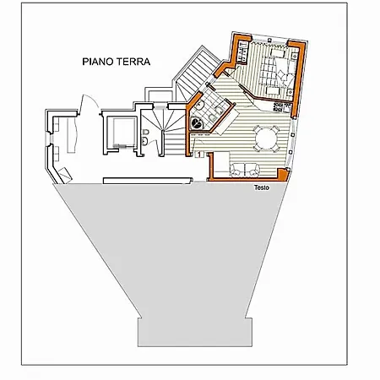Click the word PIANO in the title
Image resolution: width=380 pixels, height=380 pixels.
(x=97, y=62)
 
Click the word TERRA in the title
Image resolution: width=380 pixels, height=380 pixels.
(x=133, y=62)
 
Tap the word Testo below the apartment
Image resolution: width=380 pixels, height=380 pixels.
(x=262, y=187)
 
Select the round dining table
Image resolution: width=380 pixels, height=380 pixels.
(x=266, y=138)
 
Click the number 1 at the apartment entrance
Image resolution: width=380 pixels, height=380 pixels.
(x=199, y=154)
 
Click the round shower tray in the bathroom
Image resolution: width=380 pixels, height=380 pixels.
(x=196, y=122)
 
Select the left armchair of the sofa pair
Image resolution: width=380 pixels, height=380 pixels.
(x=237, y=170)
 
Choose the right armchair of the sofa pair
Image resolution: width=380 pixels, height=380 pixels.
(x=252, y=170)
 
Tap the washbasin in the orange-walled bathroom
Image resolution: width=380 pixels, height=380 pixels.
(x=200, y=106)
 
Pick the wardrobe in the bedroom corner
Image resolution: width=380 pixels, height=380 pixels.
(x=242, y=52)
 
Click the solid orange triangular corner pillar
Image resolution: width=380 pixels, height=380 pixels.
(x=283, y=174)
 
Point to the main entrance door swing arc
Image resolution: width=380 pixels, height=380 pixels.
(x=90, y=100)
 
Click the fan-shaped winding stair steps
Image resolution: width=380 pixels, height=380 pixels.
(x=163, y=120)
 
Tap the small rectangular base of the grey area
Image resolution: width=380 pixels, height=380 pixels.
(x=195, y=332)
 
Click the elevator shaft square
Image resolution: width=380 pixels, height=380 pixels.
(x=124, y=132)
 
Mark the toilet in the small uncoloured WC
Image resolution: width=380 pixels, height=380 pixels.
(x=145, y=132)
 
